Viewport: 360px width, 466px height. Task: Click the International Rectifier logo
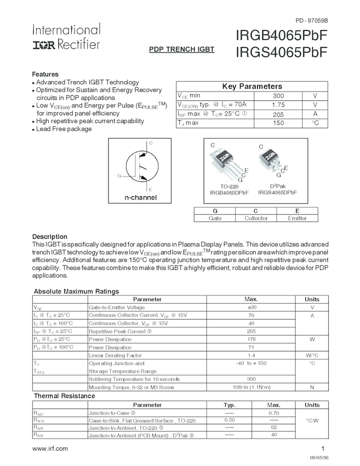click(66, 37)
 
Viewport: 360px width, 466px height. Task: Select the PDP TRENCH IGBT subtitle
click(181, 49)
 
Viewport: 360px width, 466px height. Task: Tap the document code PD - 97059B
click(311, 21)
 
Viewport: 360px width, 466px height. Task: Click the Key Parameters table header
click(252, 86)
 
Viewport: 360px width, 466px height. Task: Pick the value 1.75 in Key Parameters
click(278, 104)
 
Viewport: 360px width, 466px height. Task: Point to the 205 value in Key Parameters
click(278, 113)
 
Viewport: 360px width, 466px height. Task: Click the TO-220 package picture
click(226, 159)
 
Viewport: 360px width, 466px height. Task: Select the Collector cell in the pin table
click(256, 218)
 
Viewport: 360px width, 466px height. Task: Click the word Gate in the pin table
click(215, 218)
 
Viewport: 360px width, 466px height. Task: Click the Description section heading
click(50, 236)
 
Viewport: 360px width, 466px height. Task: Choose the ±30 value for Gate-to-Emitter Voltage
click(252, 308)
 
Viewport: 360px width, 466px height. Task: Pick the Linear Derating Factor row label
click(116, 355)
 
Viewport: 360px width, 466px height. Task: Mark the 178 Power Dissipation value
click(252, 339)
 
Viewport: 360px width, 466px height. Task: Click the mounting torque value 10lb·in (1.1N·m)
click(252, 387)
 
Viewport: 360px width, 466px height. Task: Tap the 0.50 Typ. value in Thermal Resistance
click(230, 420)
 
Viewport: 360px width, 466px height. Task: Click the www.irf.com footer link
click(50, 448)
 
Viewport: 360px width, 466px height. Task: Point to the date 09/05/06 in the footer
click(319, 457)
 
